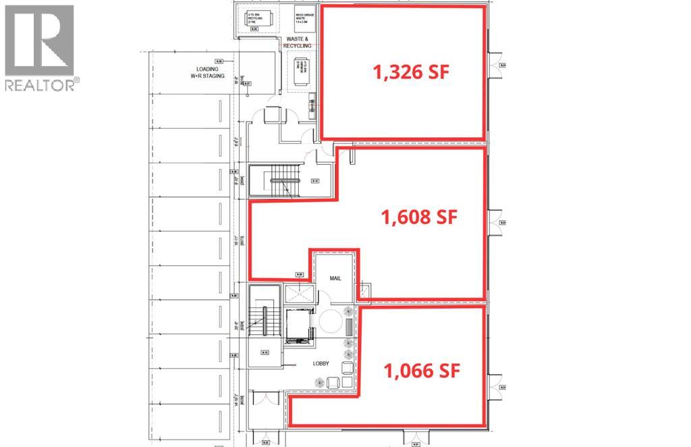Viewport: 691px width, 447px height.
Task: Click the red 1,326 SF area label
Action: pyautogui.click(x=411, y=72)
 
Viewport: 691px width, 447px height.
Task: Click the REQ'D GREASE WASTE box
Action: pyautogui.click(x=298, y=18)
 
